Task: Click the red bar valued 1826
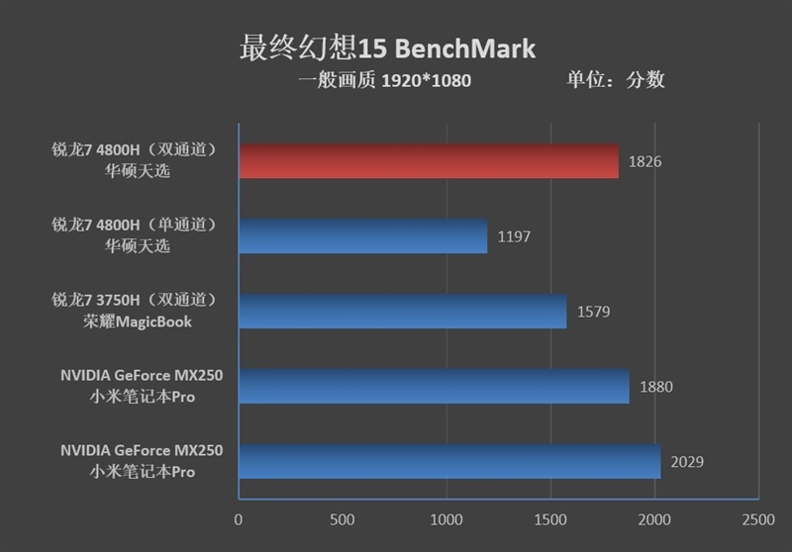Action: [x=429, y=160]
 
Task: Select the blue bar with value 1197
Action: [x=362, y=235]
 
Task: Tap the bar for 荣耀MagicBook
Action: [x=402, y=311]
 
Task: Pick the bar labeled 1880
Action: [x=434, y=386]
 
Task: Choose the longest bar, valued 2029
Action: [x=448, y=461]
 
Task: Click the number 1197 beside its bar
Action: [x=514, y=236]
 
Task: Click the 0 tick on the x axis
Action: [x=239, y=518]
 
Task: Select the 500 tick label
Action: [x=343, y=518]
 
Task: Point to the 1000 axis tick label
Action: [x=446, y=518]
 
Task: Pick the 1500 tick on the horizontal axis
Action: [x=550, y=518]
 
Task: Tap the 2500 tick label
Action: [x=757, y=518]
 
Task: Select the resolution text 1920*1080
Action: [x=427, y=80]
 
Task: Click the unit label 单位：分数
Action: [x=615, y=79]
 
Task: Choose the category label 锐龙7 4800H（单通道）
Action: [x=135, y=226]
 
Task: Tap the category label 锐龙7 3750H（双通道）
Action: [x=135, y=301]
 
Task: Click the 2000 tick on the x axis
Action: [x=654, y=518]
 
